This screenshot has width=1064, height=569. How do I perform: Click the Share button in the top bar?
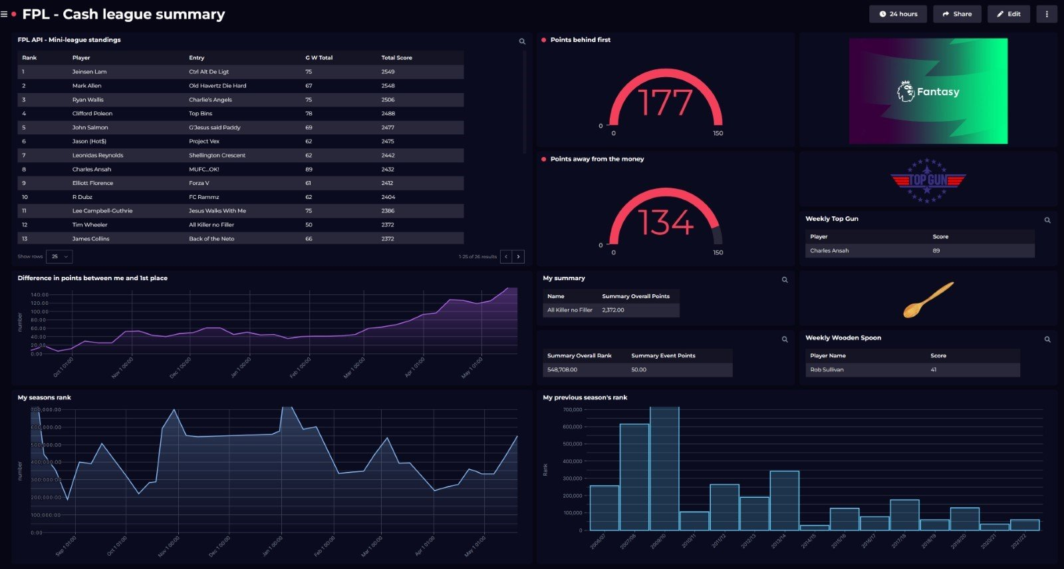click(957, 14)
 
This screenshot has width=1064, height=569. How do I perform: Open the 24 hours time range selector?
click(898, 14)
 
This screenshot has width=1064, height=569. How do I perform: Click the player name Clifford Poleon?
click(92, 114)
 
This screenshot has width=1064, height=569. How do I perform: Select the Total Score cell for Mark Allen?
click(388, 86)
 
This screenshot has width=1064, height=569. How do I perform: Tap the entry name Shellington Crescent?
click(217, 156)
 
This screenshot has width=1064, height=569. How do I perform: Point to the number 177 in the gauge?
click(665, 103)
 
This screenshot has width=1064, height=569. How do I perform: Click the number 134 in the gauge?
click(665, 222)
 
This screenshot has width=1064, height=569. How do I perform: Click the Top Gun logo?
click(928, 180)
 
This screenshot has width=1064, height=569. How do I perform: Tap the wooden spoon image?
click(928, 299)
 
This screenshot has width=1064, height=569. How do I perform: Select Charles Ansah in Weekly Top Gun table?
click(829, 251)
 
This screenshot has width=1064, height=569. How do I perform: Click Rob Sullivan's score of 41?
click(934, 370)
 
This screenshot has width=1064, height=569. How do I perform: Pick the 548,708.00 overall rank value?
click(562, 370)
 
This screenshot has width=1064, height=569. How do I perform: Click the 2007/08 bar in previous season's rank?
click(634, 476)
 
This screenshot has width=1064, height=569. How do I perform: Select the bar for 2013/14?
click(784, 500)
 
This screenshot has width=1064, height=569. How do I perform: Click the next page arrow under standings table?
click(519, 256)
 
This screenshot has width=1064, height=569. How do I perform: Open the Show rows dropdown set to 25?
click(60, 256)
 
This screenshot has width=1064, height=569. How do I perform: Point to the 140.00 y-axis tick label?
click(39, 295)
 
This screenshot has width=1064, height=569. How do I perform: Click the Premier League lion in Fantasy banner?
click(905, 91)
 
